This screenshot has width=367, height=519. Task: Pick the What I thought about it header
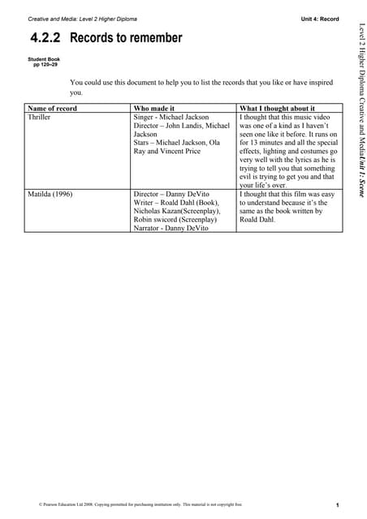click(x=277, y=108)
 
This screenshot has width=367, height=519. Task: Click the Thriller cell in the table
click(x=39, y=118)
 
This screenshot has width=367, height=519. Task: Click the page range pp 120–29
click(x=46, y=64)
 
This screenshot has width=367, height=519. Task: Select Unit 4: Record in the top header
click(x=319, y=18)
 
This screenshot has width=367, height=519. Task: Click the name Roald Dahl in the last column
click(x=257, y=219)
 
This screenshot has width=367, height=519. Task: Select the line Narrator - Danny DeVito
click(x=171, y=229)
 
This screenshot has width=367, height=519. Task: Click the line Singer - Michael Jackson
click(x=171, y=118)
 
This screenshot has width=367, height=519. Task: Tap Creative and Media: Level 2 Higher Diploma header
click(x=83, y=18)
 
